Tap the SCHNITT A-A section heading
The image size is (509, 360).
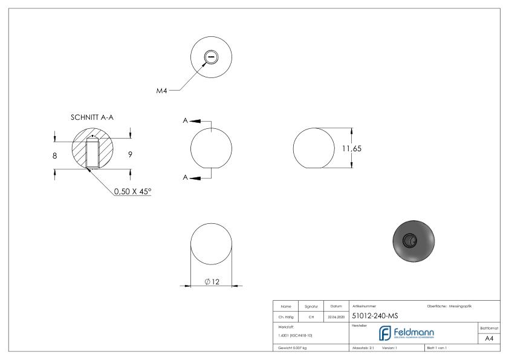pyautogui.click(x=91, y=117)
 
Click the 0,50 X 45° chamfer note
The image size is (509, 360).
pyautogui.click(x=133, y=191)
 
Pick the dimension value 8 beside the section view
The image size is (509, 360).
pyautogui.click(x=56, y=155)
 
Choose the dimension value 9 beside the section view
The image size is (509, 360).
pyautogui.click(x=130, y=155)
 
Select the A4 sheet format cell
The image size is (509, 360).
pyautogui.click(x=490, y=339)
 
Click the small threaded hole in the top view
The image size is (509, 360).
pyautogui.click(x=211, y=58)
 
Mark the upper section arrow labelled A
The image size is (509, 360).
pyautogui.click(x=195, y=120)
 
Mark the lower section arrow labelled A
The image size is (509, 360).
pyautogui.click(x=195, y=178)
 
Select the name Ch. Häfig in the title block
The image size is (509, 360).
pyautogui.click(x=285, y=316)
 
